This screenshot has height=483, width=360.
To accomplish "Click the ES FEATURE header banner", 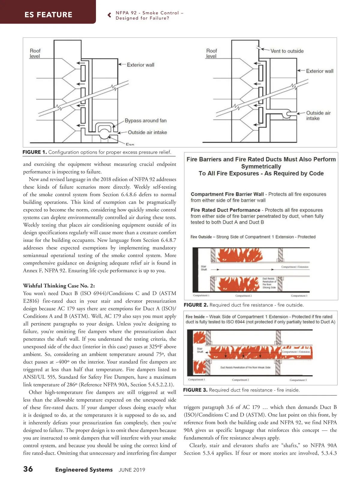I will click(48, 14).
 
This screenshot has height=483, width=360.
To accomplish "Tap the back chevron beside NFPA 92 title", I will click(109, 15).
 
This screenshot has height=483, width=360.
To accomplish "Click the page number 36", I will click(28, 469).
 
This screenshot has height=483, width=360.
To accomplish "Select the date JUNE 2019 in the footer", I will click(132, 470).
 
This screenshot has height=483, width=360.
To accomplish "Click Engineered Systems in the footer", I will click(84, 469).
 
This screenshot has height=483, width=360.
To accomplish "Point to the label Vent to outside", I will click(287, 51).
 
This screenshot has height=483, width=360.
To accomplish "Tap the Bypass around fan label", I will click(145, 121).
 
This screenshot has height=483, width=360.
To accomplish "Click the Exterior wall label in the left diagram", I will click(140, 65).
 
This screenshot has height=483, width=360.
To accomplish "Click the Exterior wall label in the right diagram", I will click(319, 71).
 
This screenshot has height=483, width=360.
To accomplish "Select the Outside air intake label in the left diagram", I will click(147, 132).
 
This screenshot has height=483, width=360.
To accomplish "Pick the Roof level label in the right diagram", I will click(211, 53).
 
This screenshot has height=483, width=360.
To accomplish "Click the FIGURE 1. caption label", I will click(34, 152).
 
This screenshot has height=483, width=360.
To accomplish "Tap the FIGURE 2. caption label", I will click(196, 305).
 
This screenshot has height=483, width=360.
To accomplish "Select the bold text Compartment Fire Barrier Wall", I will click(227, 194).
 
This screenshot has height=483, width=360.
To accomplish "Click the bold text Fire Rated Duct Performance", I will click(225, 210).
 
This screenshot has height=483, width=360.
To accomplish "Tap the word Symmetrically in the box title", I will click(261, 166).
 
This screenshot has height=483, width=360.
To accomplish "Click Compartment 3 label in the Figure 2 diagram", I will click(299, 296).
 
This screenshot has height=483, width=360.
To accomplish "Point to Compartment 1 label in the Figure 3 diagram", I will click(196, 380).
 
